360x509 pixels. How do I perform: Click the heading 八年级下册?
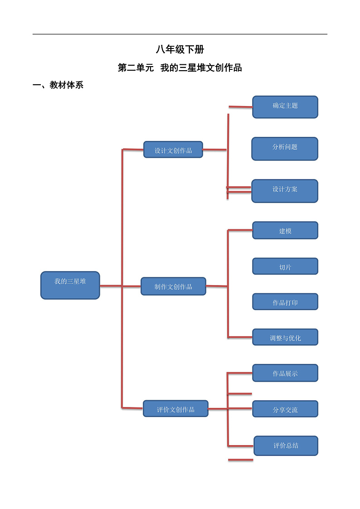tap(180, 50)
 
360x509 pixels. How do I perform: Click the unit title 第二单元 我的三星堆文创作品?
tap(180, 68)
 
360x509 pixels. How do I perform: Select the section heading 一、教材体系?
tap(58, 85)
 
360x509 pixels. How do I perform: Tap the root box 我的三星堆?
tap(70, 285)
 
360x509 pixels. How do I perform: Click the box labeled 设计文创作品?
tap(173, 150)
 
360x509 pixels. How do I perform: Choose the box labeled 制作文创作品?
tap(173, 286)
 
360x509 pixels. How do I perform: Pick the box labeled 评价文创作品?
tap(175, 409)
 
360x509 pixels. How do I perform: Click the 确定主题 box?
tap(285, 107)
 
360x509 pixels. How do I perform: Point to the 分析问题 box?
tap(285, 149)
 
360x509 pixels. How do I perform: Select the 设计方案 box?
tap(285, 191)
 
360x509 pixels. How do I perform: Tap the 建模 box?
tap(285, 231)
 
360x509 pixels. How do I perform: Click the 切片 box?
tap(285, 267)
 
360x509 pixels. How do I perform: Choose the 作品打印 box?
tap(285, 302)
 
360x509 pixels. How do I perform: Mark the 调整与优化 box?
tap(285, 337)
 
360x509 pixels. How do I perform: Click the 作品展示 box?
tap(285, 373)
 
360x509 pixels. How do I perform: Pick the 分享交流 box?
tap(285, 409)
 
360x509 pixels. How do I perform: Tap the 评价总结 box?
tap(286, 446)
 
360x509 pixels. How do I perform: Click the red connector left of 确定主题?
tap(240, 107)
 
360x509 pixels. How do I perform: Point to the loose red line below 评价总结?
tap(240, 460)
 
